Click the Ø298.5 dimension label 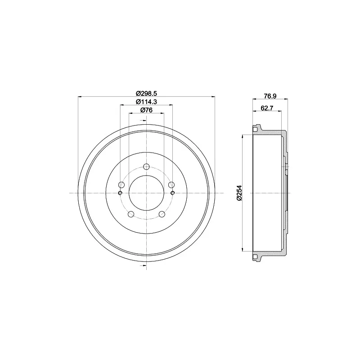tap(146, 94)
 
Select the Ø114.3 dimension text tap(146, 102)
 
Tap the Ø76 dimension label tap(146, 110)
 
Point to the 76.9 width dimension tap(270, 96)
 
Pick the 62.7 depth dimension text tap(267, 108)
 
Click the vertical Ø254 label tap(239, 193)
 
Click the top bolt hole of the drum tap(146, 166)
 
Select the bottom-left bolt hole tap(131, 214)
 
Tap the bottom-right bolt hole tap(162, 214)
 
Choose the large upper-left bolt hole tap(121, 185)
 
